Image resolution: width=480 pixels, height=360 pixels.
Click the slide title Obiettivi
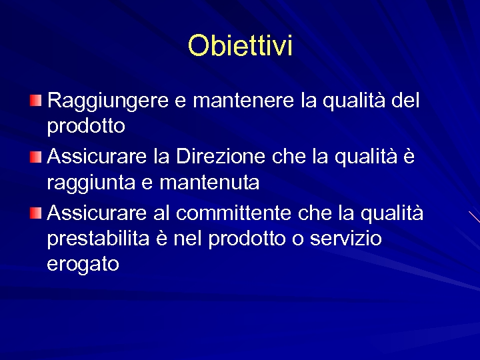point(240,46)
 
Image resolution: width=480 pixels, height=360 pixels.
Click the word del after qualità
point(405,101)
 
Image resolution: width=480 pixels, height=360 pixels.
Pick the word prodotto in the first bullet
point(86,125)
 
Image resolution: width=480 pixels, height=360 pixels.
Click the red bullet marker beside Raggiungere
point(35,101)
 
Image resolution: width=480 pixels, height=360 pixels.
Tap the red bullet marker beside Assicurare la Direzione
point(35,157)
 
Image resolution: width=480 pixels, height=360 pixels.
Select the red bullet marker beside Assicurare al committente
point(35,213)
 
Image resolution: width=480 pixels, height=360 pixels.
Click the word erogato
point(83,264)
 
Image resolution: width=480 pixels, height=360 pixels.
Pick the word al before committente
point(163,213)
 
